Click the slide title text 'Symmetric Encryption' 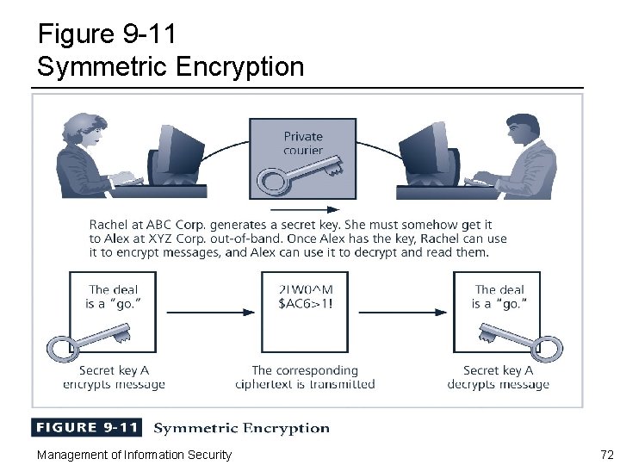pyautogui.click(x=170, y=66)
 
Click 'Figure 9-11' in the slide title pyautogui.click(x=108, y=34)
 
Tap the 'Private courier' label pyautogui.click(x=303, y=143)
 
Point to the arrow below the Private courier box pyautogui.click(x=304, y=209)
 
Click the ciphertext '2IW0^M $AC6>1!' pyautogui.click(x=305, y=297)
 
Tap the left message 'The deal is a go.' pyautogui.click(x=113, y=297)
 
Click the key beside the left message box pyautogui.click(x=86, y=341)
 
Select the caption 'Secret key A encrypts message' pyautogui.click(x=113, y=377)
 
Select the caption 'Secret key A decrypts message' pyautogui.click(x=498, y=377)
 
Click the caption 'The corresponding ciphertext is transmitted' pyautogui.click(x=305, y=377)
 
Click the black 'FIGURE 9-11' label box pyautogui.click(x=86, y=428)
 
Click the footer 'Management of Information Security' pyautogui.click(x=133, y=454)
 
